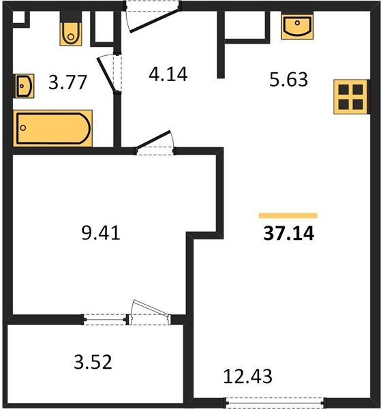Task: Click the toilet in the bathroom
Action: [71, 34]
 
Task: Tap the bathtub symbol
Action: [53, 128]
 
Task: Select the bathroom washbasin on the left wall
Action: [25, 86]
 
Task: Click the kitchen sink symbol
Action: [297, 26]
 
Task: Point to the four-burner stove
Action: [351, 97]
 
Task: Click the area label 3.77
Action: [67, 82]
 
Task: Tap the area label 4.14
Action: [168, 74]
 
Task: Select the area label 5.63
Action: [288, 80]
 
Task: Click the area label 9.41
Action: [101, 233]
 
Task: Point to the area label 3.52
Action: [93, 362]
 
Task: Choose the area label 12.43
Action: [247, 376]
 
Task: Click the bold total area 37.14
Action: [289, 233]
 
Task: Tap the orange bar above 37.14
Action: [288, 215]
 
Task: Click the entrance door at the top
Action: [154, 20]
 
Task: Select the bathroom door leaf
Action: [106, 74]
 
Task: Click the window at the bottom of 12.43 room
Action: [276, 403]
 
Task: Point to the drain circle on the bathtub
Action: [23, 128]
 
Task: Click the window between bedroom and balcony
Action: [105, 320]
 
